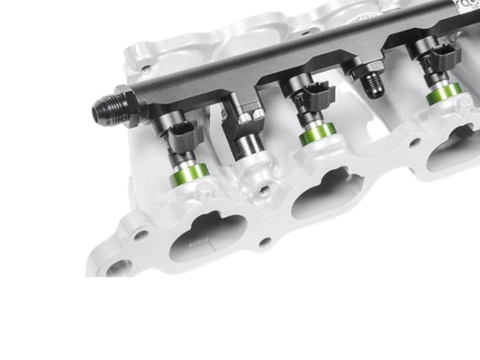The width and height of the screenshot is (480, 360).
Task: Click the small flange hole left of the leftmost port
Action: point(141,235)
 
